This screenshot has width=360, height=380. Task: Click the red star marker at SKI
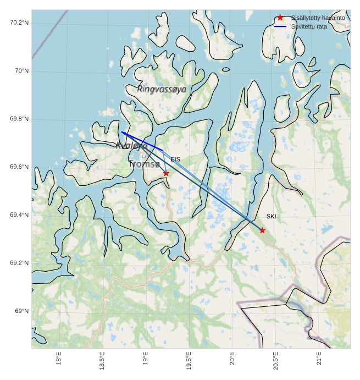pos(262,230)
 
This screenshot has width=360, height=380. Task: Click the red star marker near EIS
pos(166,173)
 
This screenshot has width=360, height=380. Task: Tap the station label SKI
pos(271,217)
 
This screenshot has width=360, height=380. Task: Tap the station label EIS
pos(175,159)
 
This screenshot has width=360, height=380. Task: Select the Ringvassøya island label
pos(162,89)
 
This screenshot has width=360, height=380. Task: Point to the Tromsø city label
pos(144,164)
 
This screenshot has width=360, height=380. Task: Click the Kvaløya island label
pos(131,146)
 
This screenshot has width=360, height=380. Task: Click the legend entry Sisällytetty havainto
pos(318,18)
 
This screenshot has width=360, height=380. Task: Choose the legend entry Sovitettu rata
pos(309,26)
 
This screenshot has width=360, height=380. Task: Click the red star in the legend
pos(280,18)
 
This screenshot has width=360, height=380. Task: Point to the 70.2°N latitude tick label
pos(19,23)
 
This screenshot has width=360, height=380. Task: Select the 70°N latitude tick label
pos(21,71)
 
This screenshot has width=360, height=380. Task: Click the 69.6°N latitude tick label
pos(19,167)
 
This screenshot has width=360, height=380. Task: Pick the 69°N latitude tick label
pos(21,311)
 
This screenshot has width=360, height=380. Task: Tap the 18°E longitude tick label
pos(59,359)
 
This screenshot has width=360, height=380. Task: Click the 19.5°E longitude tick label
pos(189,360)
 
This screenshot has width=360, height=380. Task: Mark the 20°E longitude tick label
pos(232,359)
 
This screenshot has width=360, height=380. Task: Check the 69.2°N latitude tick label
pos(19,263)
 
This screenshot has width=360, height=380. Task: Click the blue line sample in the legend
pos(280,26)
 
